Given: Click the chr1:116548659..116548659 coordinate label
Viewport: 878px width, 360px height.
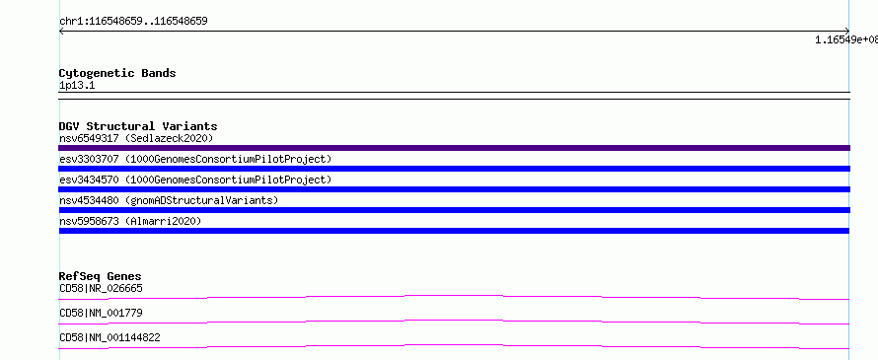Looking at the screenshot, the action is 133,22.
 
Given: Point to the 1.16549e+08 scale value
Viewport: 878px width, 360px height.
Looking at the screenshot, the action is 846,39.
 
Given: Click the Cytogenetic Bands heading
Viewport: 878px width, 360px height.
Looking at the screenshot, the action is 117,73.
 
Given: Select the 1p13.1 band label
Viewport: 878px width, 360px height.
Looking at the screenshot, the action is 77,86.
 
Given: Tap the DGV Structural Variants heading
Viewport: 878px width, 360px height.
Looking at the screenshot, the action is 138,126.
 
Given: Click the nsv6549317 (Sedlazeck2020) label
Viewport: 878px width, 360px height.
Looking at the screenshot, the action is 136,138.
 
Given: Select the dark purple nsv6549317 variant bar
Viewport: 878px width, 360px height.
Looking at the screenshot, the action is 454,148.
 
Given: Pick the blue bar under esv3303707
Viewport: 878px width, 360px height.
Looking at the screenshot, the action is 454,169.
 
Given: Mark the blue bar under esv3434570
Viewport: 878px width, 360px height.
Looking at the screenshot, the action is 454,189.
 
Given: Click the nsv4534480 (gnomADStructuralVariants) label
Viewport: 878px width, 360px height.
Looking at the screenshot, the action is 169,200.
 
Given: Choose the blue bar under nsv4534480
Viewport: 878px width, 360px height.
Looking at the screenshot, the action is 454,210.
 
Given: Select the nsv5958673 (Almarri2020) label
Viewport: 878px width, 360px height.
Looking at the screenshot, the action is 130,221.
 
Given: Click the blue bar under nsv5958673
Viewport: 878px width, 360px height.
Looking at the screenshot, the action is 454,231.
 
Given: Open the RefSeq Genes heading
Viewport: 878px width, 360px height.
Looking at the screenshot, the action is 101,276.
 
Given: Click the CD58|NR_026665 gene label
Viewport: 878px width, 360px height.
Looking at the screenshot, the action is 101,288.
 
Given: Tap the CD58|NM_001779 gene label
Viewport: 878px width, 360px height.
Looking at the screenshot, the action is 101,313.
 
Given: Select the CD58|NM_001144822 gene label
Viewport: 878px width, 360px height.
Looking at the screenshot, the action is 110,337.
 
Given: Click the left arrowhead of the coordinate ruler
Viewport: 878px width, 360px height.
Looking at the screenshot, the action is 60,32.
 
